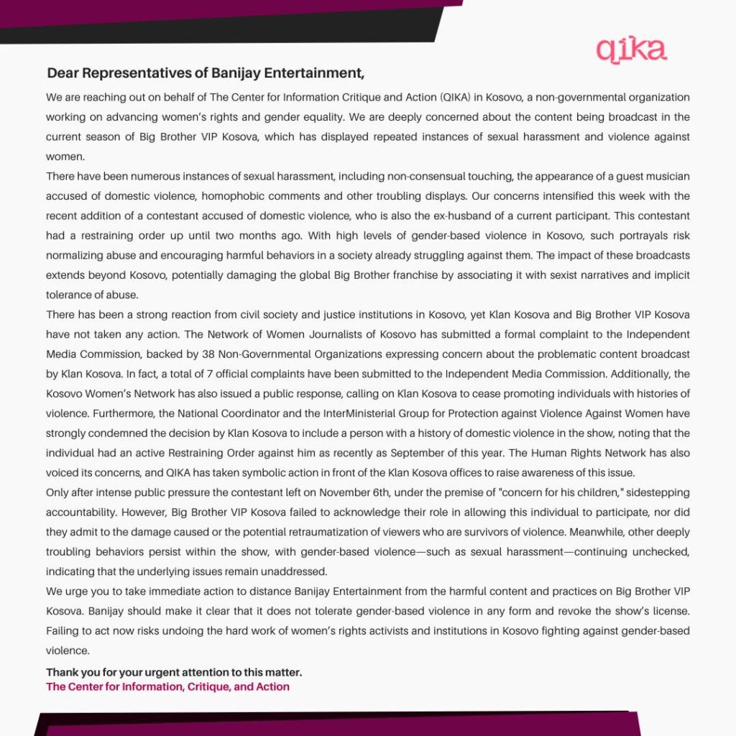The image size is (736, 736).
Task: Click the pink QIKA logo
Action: (x=631, y=50)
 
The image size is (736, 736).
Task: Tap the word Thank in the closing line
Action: (x=63, y=672)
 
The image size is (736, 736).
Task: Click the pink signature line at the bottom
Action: (x=167, y=686)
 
